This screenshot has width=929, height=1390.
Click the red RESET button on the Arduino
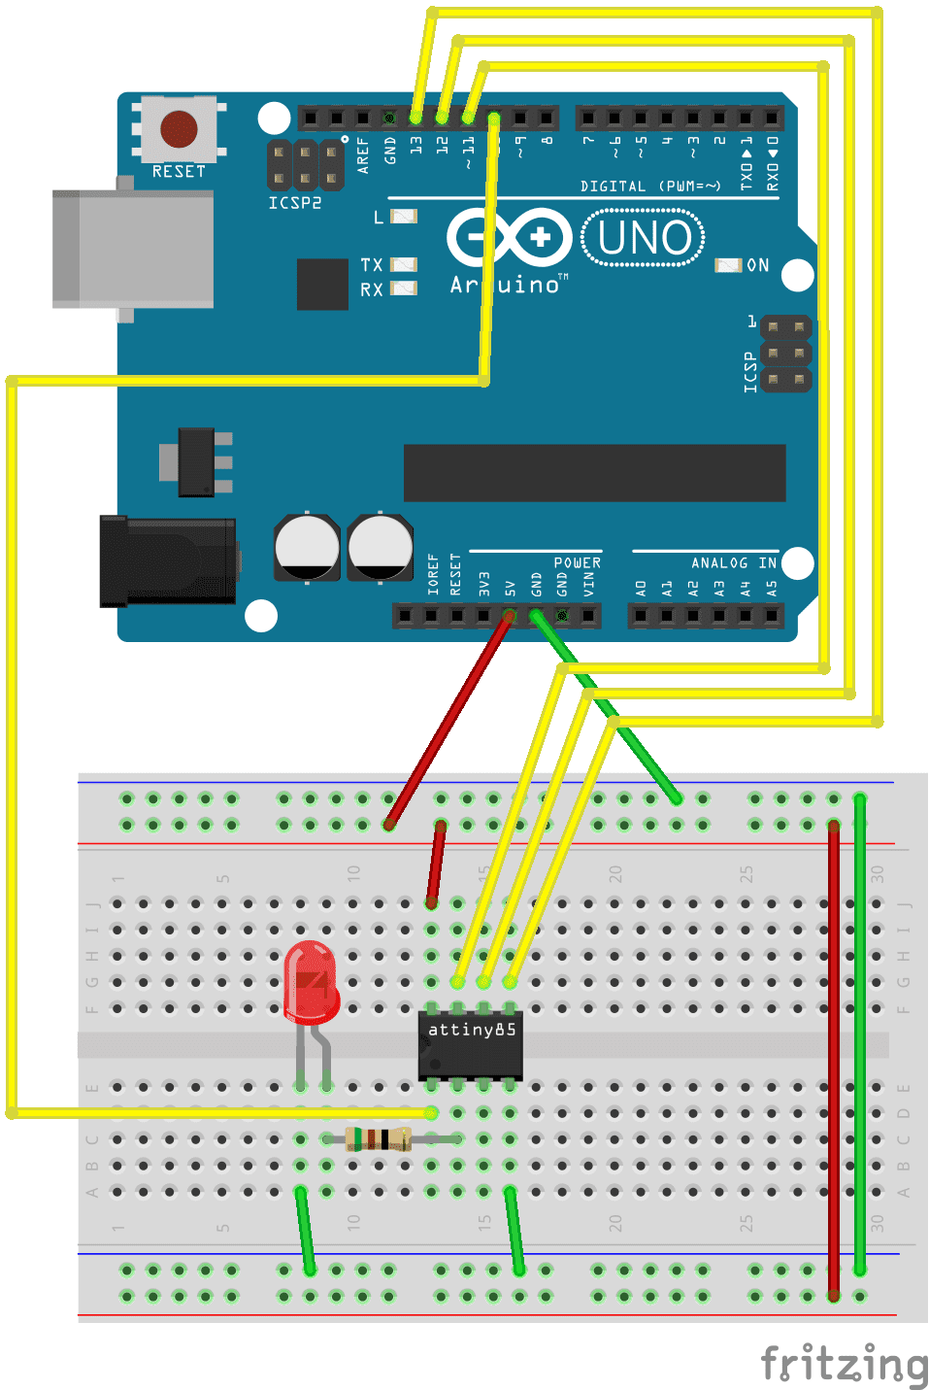coord(179,128)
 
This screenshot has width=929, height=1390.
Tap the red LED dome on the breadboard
coord(311,981)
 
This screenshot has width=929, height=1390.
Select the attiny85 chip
coord(471,1044)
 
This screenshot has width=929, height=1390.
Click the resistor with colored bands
coord(379,1138)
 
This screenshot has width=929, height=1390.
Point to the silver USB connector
coord(133,249)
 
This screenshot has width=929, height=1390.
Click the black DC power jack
coord(167,561)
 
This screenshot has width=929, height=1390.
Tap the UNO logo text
coord(644,238)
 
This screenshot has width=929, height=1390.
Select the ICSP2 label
coord(294,203)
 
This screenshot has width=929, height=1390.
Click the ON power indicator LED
coord(727,265)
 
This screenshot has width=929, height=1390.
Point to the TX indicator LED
coord(403,264)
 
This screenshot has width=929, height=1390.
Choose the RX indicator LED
coord(403,288)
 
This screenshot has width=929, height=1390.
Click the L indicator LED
coord(403,217)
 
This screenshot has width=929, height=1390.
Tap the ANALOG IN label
coord(733,563)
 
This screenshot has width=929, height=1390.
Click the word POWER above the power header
coord(577,563)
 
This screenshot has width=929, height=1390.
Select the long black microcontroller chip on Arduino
coord(594,473)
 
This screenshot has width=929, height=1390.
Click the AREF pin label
coord(363,154)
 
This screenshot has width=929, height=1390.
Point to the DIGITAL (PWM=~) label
coord(650,186)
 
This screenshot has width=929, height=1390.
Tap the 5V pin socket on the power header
coord(509,615)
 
